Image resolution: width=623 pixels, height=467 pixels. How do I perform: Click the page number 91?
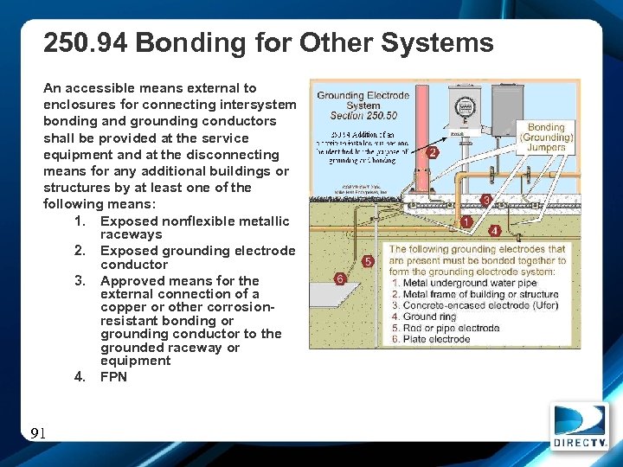point(37,433)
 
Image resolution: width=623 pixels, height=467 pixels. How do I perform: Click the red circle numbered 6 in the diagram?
point(340,278)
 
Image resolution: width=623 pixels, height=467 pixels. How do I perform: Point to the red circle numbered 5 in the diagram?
point(369,260)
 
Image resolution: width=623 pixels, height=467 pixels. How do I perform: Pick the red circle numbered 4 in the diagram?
point(494,231)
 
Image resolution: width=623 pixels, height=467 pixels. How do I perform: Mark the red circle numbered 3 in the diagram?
point(487,200)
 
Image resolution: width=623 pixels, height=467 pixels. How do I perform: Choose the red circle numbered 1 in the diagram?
point(466,222)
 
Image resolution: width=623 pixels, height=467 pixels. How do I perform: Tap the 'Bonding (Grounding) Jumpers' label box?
point(546,138)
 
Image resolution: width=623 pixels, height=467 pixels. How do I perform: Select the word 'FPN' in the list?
point(113,376)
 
